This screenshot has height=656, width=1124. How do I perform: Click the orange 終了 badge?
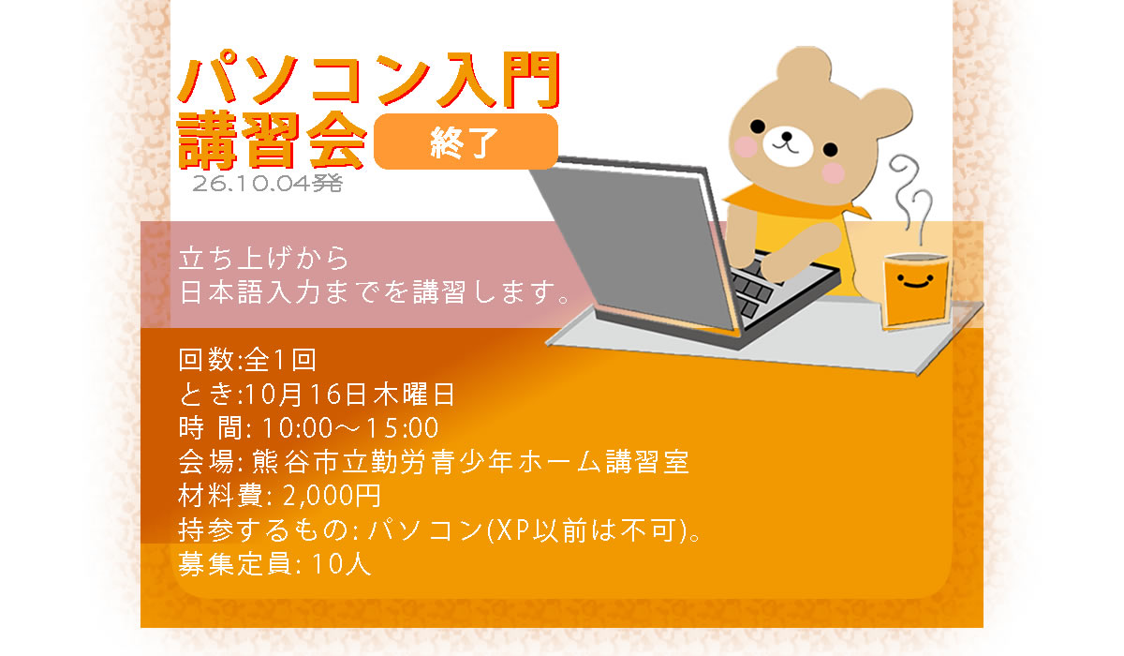(466, 142)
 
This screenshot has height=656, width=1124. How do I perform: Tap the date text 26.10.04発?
(267, 184)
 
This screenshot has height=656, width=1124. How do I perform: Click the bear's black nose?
(786, 136)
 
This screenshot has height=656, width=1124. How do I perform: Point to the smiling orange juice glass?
(916, 291)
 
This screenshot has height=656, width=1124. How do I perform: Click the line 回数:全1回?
(247, 360)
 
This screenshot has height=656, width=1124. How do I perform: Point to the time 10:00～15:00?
(349, 428)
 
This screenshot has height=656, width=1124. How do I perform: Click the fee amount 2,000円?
(332, 496)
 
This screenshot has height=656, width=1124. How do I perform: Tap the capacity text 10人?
(342, 563)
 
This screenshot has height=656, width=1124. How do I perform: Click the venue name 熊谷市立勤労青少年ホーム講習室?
(470, 462)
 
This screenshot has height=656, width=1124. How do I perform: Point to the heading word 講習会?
(272, 140)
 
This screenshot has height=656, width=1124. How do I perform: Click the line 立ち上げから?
(263, 258)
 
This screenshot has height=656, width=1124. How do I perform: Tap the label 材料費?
(220, 496)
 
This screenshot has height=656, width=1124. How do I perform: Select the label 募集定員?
(235, 563)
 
